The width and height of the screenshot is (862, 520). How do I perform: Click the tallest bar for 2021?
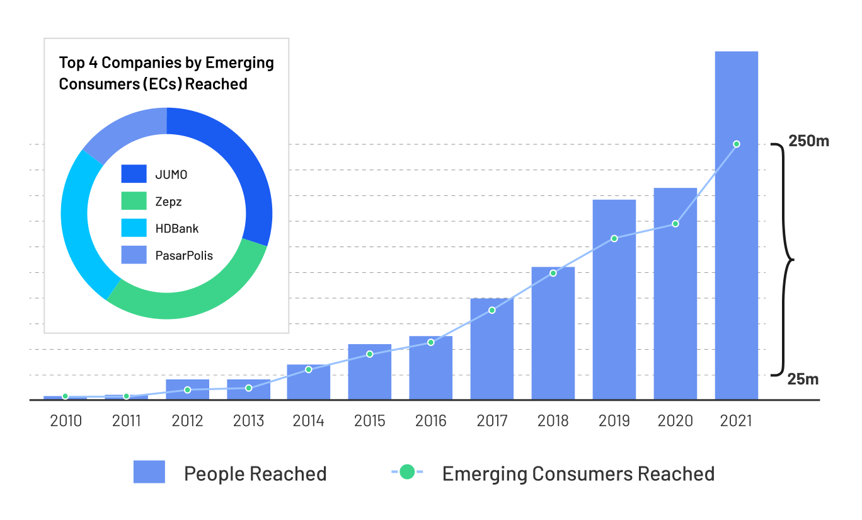coord(736,252)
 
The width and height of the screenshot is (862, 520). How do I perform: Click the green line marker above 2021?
coord(737,144)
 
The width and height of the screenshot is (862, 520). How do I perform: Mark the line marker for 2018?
coord(553,273)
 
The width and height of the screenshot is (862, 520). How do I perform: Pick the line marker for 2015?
coord(370,354)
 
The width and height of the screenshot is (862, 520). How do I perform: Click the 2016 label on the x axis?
coord(431,421)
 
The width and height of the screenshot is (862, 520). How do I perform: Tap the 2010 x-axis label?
coord(66,421)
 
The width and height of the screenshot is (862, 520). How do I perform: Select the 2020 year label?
coord(675,421)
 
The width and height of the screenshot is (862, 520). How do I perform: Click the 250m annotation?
coord(808,141)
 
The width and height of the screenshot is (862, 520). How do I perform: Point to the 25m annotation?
coord(803,379)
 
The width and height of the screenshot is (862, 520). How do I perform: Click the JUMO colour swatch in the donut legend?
coord(134,174)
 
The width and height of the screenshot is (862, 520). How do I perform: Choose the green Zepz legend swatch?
coord(134,201)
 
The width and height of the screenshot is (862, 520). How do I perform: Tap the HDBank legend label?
coord(177,228)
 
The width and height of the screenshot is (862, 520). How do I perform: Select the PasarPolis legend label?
coord(184,255)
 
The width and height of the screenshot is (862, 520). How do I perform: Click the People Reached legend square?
coord(149,472)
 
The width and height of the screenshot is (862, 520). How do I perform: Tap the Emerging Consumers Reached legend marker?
coord(408,471)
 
